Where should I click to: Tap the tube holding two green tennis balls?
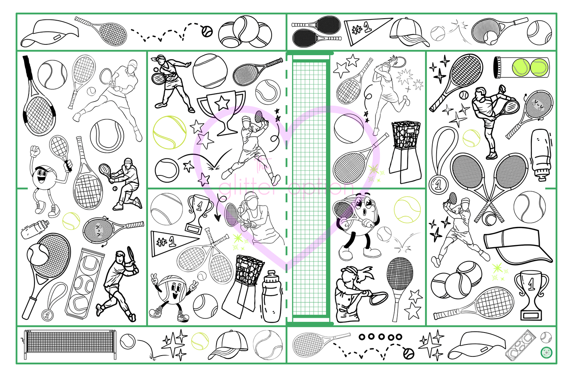521,67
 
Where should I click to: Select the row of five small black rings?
380,337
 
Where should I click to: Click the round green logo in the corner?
546,352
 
